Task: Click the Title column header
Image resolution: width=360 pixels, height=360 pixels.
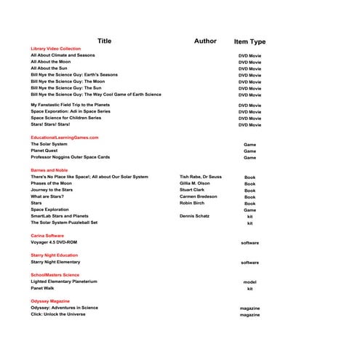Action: click(105, 41)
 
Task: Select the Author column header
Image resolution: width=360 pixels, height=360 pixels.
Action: click(205, 41)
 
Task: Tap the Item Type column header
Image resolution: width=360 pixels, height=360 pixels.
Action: click(249, 42)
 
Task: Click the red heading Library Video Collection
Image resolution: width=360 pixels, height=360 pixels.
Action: click(56, 48)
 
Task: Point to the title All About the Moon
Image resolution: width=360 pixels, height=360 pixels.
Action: click(50, 62)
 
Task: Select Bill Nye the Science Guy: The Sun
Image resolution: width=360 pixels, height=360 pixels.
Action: click(71, 88)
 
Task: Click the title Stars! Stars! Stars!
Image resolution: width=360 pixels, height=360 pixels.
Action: click(50, 124)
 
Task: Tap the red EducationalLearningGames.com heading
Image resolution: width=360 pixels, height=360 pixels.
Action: click(65, 137)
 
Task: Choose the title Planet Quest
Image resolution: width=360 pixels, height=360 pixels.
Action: click(45, 151)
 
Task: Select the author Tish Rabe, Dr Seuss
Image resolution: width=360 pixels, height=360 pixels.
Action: click(201, 177)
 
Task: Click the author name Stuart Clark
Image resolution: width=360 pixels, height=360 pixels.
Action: click(192, 190)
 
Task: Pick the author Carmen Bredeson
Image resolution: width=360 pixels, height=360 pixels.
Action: click(198, 196)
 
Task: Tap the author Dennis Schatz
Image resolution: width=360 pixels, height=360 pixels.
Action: click(196, 216)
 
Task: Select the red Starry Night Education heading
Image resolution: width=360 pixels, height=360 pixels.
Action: click(55, 255)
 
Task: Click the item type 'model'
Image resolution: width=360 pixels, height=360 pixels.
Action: click(249, 282)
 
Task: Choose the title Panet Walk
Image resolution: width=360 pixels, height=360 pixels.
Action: click(43, 288)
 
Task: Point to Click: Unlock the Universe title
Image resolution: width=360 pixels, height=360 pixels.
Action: click(63, 314)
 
